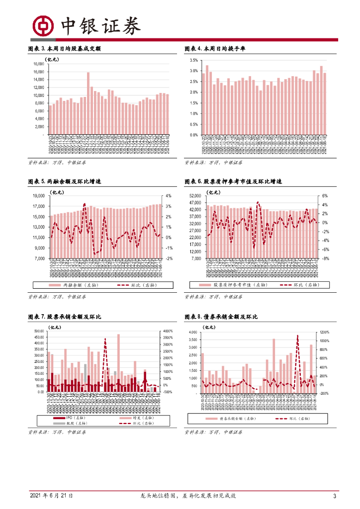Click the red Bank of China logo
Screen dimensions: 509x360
[x=42, y=25]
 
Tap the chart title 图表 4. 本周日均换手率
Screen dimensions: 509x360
[x=215, y=49]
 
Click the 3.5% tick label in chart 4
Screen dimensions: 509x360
[x=193, y=60]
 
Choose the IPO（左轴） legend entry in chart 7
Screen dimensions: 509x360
[x=68, y=418]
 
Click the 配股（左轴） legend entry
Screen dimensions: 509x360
[x=68, y=424]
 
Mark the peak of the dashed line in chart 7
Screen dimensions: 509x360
[x=105, y=339]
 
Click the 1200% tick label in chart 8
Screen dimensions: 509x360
[x=324, y=332]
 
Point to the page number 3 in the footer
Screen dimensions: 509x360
[x=335, y=496]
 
